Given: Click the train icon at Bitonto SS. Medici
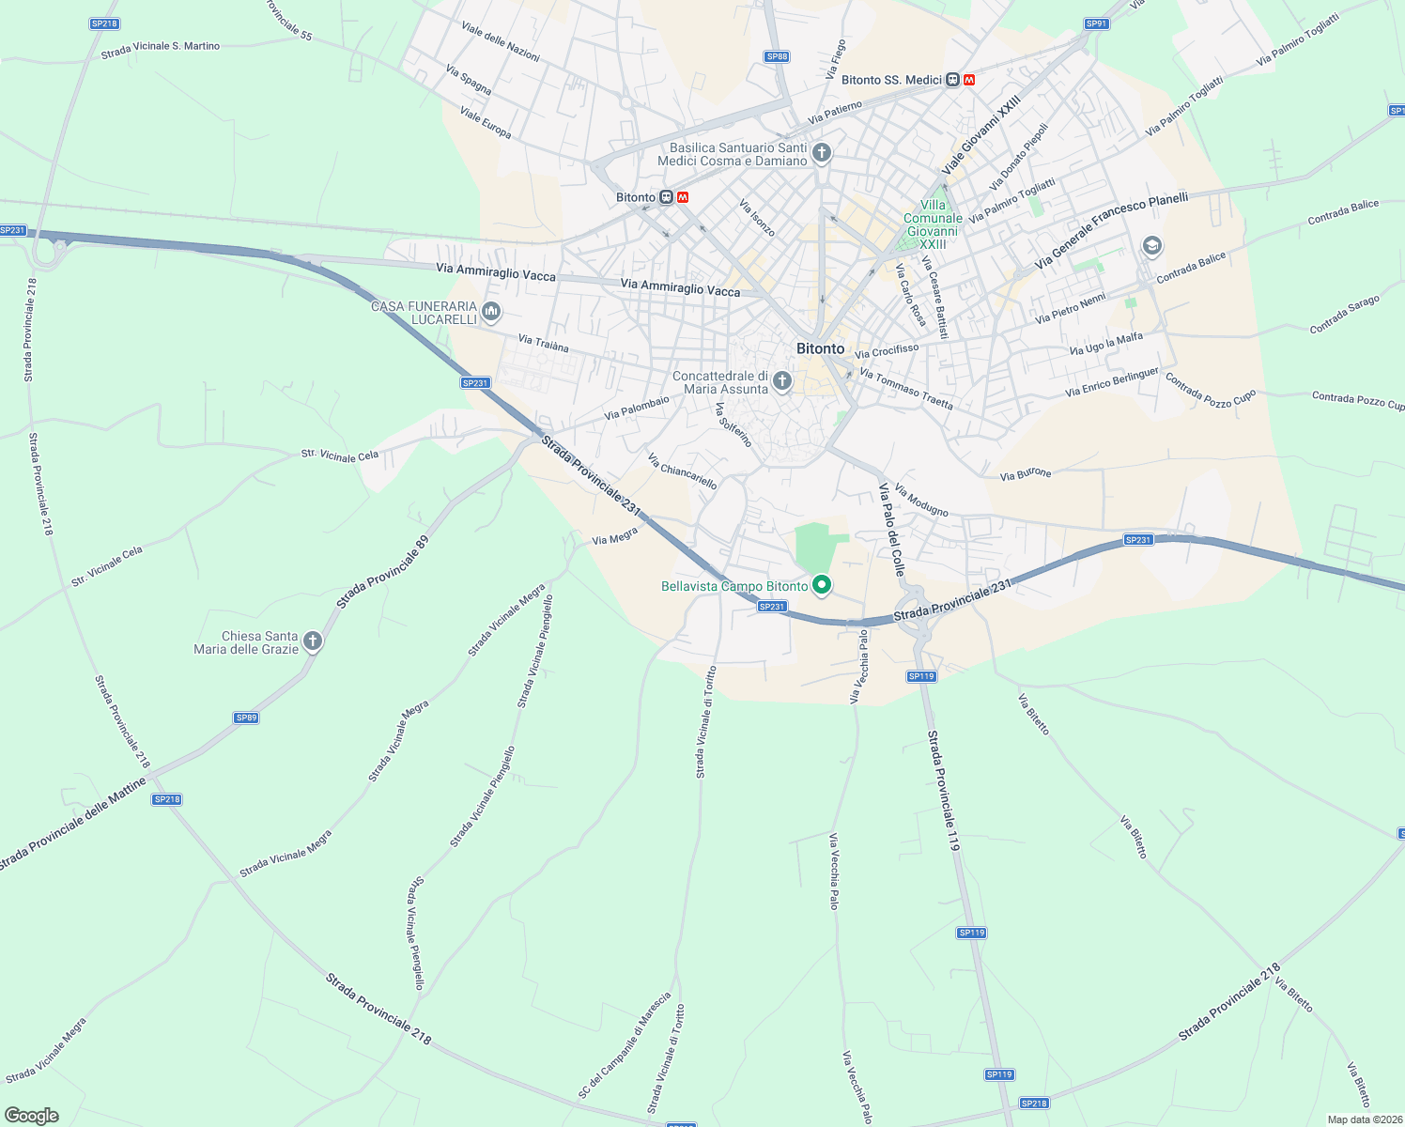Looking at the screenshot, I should tap(952, 80).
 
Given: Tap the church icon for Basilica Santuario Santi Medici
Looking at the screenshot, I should tap(822, 153).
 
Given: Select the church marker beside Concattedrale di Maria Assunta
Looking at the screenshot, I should tap(782, 381).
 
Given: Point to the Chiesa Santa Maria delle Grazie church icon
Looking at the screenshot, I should tap(313, 641).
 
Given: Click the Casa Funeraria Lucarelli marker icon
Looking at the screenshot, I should tap(490, 311).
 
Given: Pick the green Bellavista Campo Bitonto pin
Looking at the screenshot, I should tap(822, 586).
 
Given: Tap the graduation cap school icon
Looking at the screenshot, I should tap(1151, 246).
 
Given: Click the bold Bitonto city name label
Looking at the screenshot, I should tap(820, 348).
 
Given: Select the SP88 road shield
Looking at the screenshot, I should tap(777, 57).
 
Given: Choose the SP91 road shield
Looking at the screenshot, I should tap(1096, 23).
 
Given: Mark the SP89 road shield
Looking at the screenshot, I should tap(246, 718).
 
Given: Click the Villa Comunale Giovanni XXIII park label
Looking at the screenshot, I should tap(933, 224).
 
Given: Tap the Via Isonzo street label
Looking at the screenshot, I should tap(757, 218).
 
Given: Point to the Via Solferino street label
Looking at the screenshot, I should tap(733, 425).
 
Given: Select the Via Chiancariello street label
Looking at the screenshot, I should tap(683, 471).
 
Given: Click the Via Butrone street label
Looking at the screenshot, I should tap(1026, 474).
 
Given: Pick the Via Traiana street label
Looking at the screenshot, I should tap(543, 344).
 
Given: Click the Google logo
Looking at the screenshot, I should tap(31, 1115).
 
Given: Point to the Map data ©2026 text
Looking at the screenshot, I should tap(1364, 1119).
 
